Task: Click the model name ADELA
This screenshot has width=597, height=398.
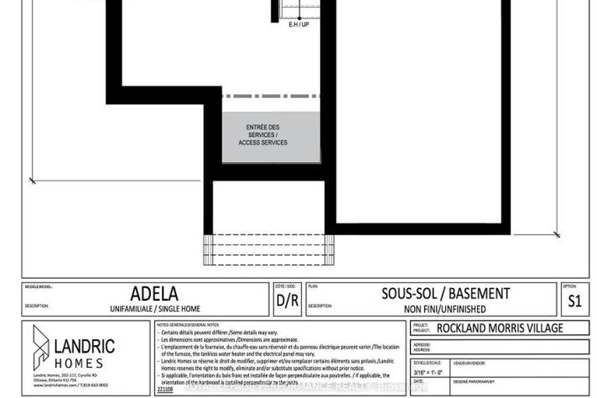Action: pyautogui.click(x=154, y=294)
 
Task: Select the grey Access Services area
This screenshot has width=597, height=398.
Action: pyautogui.click(x=271, y=137)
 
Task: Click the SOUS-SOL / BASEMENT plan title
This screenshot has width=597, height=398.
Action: pyautogui.click(x=445, y=294)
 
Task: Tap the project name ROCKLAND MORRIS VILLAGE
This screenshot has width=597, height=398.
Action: pyautogui.click(x=499, y=328)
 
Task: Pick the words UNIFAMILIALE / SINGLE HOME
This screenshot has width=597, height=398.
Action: pyautogui.click(x=154, y=308)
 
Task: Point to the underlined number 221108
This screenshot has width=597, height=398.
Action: pyautogui.click(x=165, y=388)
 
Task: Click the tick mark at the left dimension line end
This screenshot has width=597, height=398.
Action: pyautogui.click(x=33, y=181)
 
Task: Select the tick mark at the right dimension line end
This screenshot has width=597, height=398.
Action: pyautogui.click(x=556, y=234)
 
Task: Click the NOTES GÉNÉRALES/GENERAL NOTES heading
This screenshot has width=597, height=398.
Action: pyautogui.click(x=188, y=324)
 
